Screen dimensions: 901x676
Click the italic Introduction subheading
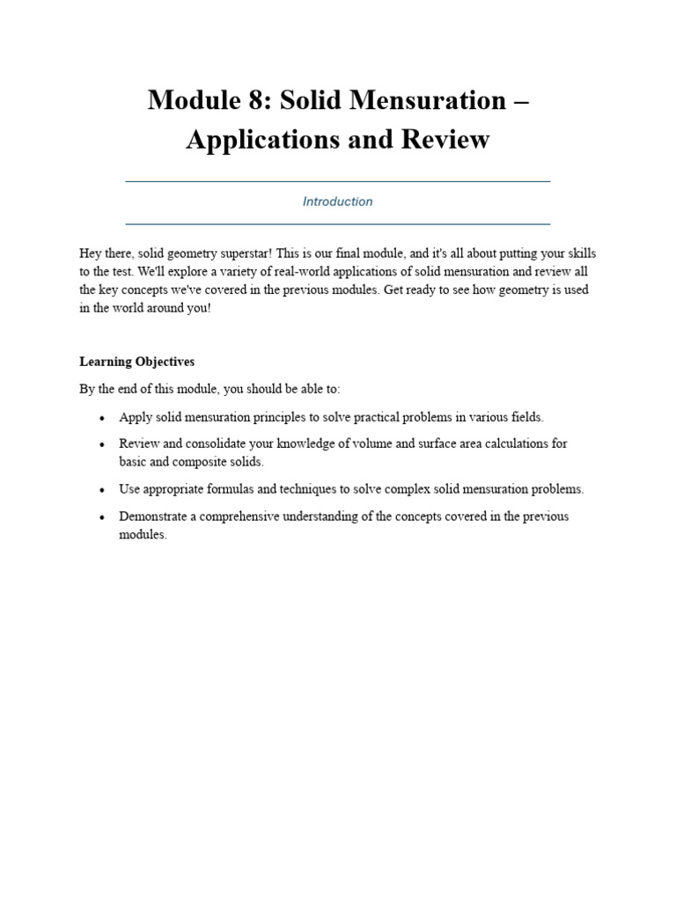[x=338, y=201]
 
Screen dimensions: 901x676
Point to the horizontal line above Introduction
[x=338, y=181]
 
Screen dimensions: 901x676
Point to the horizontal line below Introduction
[x=338, y=223]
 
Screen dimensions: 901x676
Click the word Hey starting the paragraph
[x=91, y=253]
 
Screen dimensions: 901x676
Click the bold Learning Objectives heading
[x=136, y=362]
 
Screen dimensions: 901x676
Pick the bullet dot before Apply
[x=103, y=418]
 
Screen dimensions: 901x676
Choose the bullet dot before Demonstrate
[x=103, y=517]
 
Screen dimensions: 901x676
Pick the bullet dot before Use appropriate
[x=103, y=490]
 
